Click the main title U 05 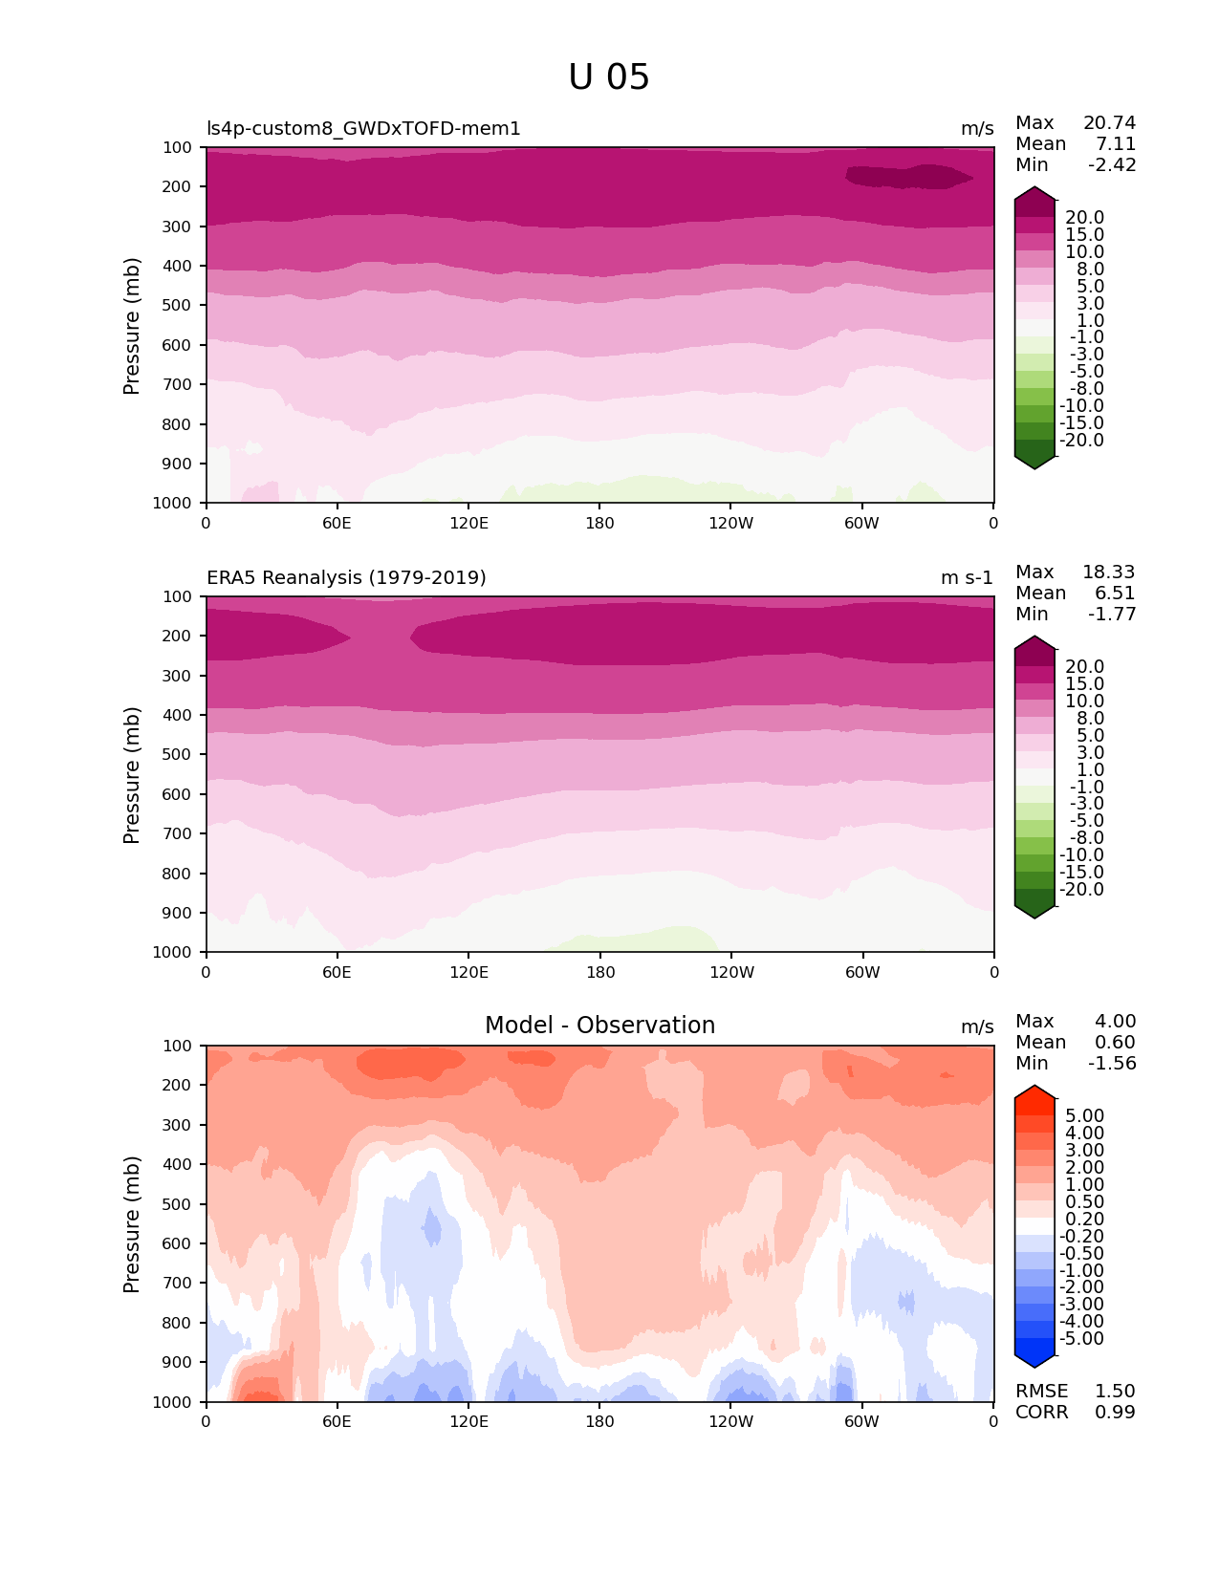pos(609,77)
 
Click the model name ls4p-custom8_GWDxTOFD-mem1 pos(363,129)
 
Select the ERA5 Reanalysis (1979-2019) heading pos(346,578)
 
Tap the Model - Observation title pos(599,1026)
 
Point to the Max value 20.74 pos(1109,123)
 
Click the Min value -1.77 pos(1112,615)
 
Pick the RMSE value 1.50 pos(1115,1392)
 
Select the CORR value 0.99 pos(1115,1413)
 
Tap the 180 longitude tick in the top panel pos(599,523)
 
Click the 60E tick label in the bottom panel pos(337,1421)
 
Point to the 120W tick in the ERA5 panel pos(731,972)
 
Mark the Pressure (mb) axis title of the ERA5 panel pos(132,775)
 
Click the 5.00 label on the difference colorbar pos(1084,1116)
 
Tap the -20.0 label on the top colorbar pos(1081,441)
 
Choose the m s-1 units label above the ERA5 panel pos(967,578)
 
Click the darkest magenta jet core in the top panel pos(908,177)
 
